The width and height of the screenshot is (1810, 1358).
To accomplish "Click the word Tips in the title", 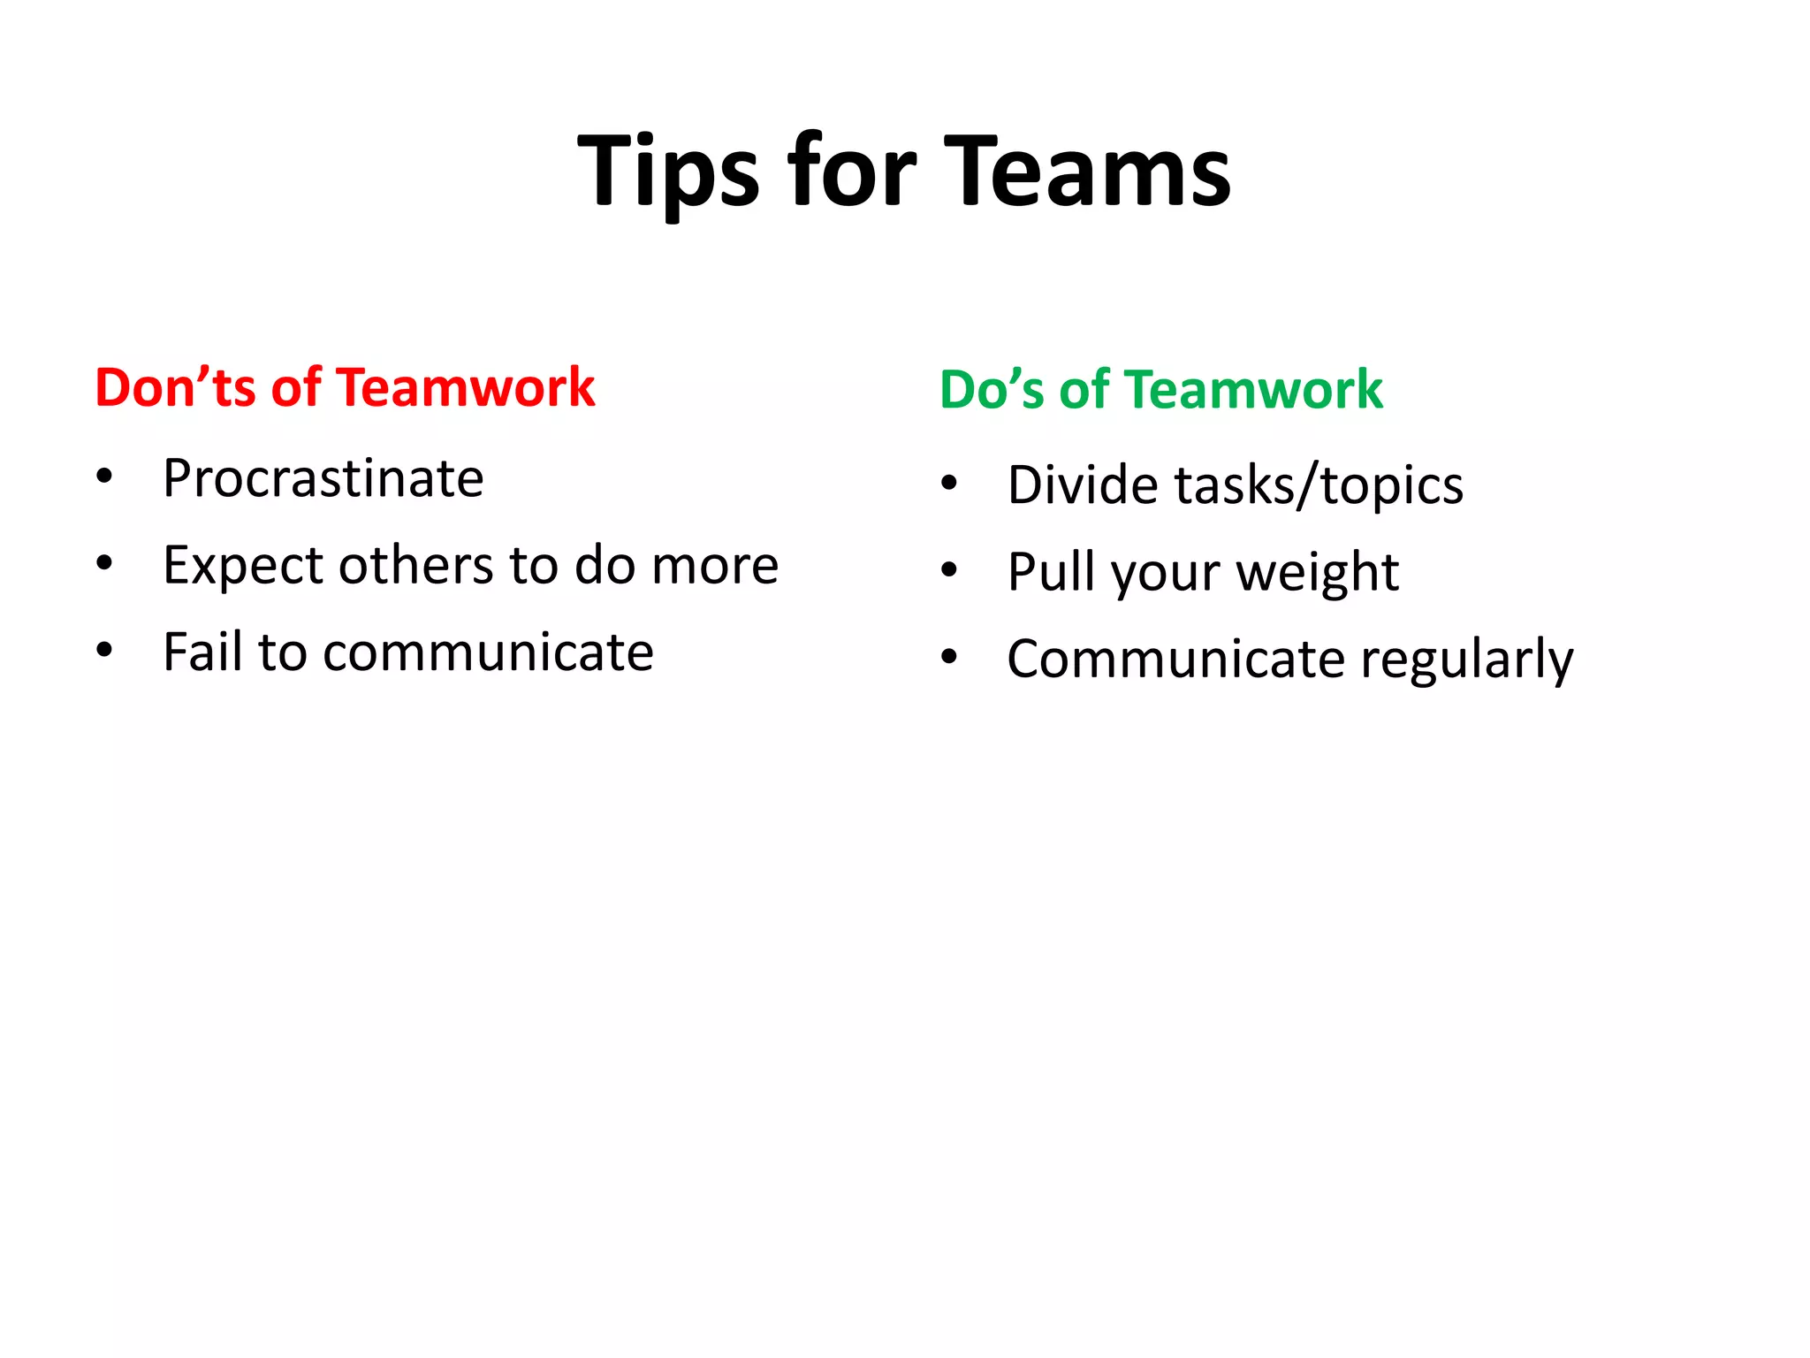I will click(667, 171).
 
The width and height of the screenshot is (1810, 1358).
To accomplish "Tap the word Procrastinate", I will click(323, 479).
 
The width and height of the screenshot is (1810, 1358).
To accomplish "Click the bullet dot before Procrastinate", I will click(105, 477).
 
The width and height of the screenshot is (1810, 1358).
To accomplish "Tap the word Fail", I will click(202, 652).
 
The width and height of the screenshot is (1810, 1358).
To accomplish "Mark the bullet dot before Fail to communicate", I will click(105, 651).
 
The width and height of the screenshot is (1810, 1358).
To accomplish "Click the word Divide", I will click(1084, 485).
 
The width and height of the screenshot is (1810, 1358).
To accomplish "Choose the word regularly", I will click(1467, 660).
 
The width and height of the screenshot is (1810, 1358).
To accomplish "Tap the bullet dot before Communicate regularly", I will click(949, 657).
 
